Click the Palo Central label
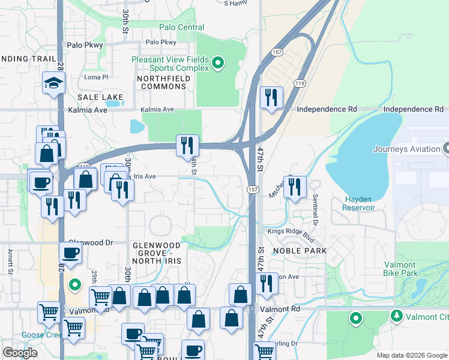(181, 27)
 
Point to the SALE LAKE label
(100, 97)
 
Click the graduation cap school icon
(53, 83)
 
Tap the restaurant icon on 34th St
(187, 145)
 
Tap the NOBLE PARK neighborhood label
(300, 251)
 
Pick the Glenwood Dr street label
(91, 242)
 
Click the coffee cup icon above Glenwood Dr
(70, 253)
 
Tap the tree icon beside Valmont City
(396, 315)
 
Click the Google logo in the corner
(20, 353)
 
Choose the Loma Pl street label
(95, 77)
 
